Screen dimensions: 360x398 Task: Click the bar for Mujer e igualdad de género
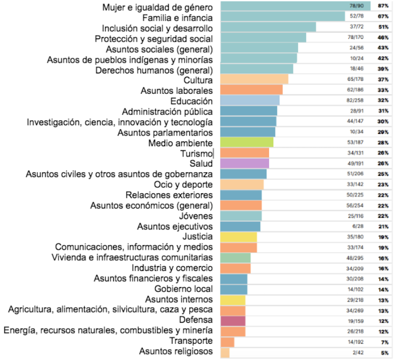280,6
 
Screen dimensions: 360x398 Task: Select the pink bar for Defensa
233,321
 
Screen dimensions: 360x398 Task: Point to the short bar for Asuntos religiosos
225,352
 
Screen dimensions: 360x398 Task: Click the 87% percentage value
383,6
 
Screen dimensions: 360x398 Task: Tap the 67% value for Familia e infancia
383,17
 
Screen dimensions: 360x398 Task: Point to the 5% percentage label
385,352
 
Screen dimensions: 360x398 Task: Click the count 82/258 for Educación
358,101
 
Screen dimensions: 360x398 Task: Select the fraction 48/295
358,258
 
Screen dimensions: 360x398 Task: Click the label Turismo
197,153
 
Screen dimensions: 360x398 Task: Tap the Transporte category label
191,341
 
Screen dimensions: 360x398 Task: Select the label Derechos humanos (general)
154,70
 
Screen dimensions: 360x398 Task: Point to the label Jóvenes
196,215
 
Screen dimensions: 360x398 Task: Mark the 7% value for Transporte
385,342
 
